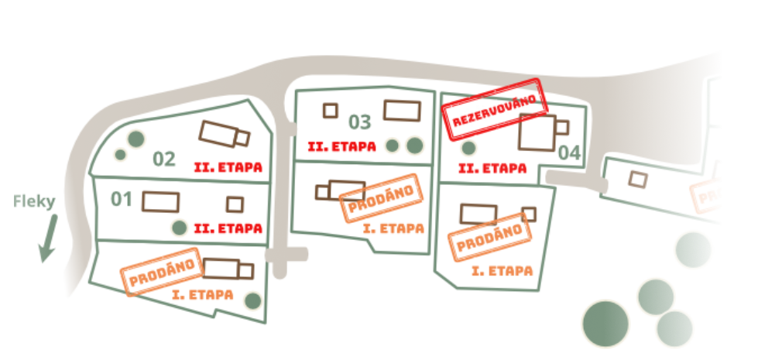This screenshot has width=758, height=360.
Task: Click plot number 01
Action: pos(122,200)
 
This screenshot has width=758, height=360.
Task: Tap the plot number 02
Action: pos(163,159)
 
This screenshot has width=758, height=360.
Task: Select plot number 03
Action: pos(360,122)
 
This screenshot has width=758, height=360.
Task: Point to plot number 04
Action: pos(569,153)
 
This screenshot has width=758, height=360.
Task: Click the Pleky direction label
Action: pos(35,202)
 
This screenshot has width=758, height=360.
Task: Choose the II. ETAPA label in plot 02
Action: pos(228,166)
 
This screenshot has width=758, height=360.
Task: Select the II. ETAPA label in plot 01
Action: pos(228,229)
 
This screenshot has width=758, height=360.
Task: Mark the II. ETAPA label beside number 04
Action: pos(493,167)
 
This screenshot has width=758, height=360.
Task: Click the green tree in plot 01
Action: pos(180,227)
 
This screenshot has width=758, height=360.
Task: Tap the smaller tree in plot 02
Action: pos(120,154)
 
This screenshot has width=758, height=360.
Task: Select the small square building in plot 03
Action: pos(331,111)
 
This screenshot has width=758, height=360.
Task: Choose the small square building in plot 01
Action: pos(235,204)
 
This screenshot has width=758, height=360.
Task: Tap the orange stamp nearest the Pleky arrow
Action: pos(161,271)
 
